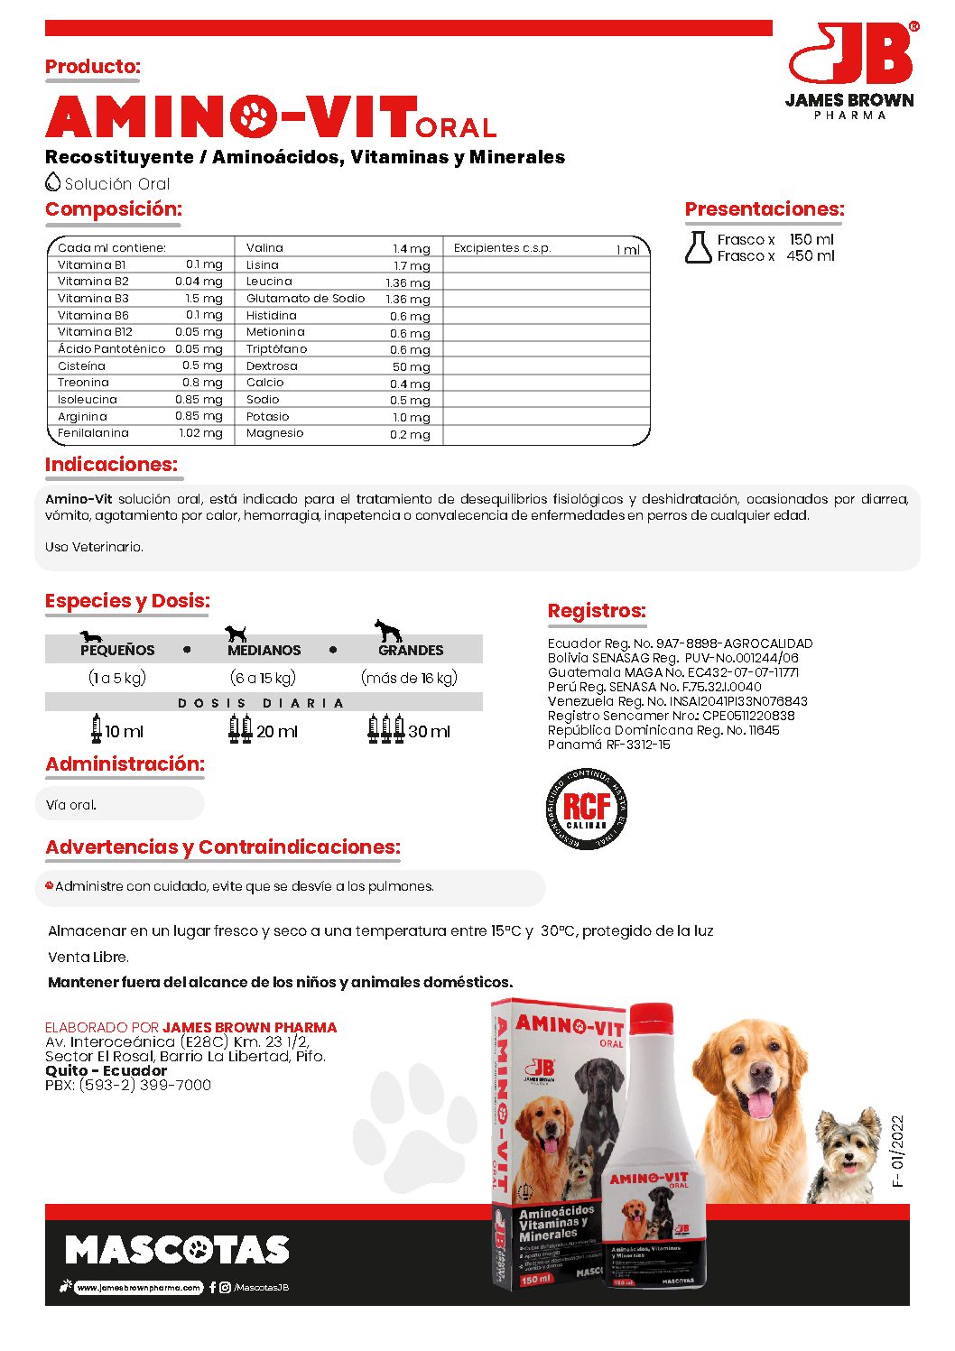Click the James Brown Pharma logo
tap(850, 70)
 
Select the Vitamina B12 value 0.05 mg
tap(199, 332)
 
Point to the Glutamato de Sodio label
tap(305, 299)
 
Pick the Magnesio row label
tap(274, 433)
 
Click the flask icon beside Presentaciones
tap(698, 247)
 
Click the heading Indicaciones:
tap(111, 465)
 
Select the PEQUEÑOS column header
tap(117, 650)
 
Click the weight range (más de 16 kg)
tap(409, 678)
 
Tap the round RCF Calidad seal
tap(587, 809)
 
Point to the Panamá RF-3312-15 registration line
tap(608, 745)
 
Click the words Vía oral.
tap(71, 805)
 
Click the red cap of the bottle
tap(651, 1018)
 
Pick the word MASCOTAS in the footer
tap(177, 1250)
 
